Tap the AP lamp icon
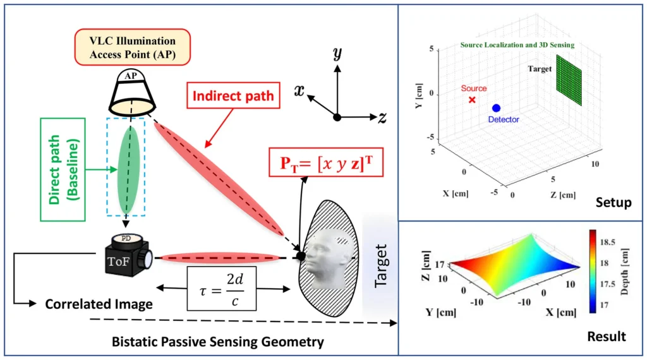pos(131,92)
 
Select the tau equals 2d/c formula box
pos(221,287)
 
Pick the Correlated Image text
pos(99,304)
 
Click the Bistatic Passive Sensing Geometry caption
pos(217,342)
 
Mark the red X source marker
pos(472,100)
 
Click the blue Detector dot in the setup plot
pos(496,109)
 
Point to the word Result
pos(608,335)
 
